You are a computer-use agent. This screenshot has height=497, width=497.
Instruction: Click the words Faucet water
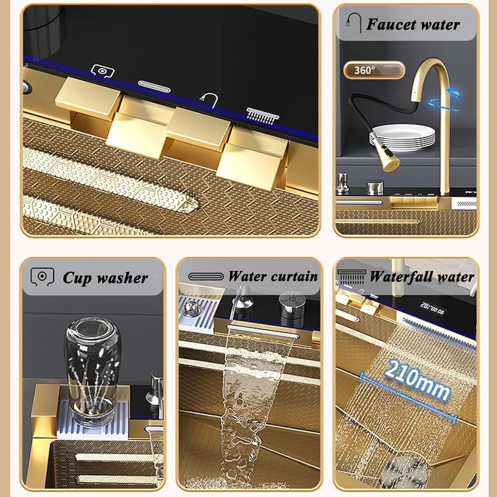click(x=413, y=25)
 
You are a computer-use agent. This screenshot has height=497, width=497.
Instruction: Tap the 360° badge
click(x=374, y=70)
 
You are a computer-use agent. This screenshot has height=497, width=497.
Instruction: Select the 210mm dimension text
click(x=417, y=379)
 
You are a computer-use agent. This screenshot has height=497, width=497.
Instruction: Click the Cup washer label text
click(x=105, y=278)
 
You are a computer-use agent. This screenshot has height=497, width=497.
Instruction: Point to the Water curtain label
click(x=273, y=276)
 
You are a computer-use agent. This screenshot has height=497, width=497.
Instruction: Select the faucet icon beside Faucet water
click(x=354, y=22)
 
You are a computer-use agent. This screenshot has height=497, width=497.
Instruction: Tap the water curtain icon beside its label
click(x=206, y=276)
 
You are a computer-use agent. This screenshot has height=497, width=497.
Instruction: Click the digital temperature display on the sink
click(x=432, y=308)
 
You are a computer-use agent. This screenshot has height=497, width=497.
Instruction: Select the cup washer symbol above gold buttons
click(x=102, y=71)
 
